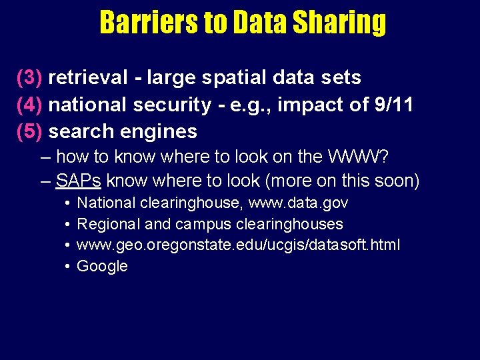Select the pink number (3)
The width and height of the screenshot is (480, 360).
click(x=30, y=78)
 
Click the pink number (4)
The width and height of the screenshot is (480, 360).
click(x=30, y=105)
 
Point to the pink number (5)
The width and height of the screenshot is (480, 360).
click(x=30, y=131)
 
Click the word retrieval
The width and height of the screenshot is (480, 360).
click(x=87, y=78)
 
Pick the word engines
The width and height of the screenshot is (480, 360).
click(x=163, y=132)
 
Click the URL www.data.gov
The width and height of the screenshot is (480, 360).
click(x=298, y=203)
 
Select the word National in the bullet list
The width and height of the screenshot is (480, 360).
click(x=106, y=203)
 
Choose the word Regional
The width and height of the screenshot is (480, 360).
click(x=106, y=224)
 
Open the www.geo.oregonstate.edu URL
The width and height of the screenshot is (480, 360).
click(x=239, y=245)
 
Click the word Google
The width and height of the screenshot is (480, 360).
click(x=102, y=267)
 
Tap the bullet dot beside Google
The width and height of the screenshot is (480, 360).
click(x=68, y=267)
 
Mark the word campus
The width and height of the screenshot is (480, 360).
click(x=206, y=224)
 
